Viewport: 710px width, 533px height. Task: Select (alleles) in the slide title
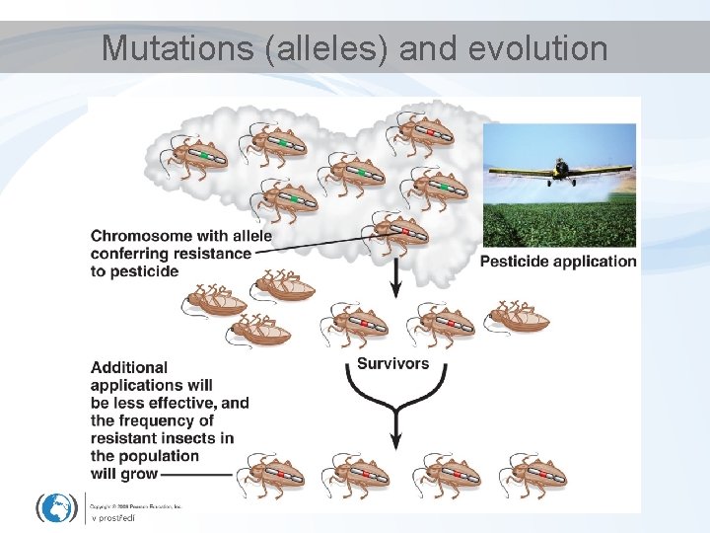click(331, 47)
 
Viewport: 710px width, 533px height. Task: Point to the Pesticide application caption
click(558, 262)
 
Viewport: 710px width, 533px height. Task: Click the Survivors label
click(392, 363)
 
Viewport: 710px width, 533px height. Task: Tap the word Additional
click(129, 367)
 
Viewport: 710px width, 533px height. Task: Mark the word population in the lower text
click(159, 456)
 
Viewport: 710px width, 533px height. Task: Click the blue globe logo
click(57, 506)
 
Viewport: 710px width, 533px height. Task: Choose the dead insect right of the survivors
click(517, 317)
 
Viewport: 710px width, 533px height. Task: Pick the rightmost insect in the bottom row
click(532, 475)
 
